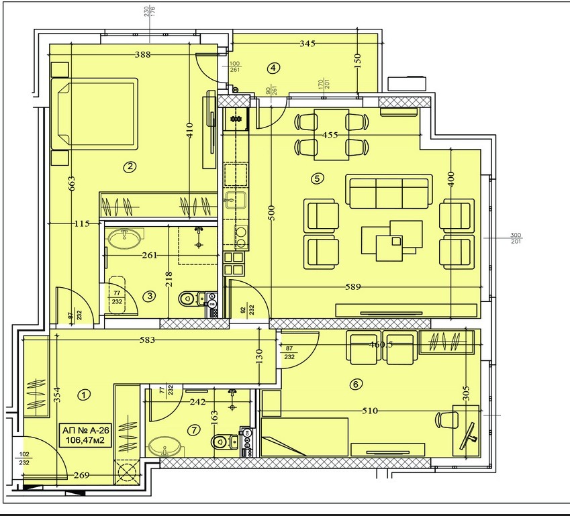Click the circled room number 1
84,395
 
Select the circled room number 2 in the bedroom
130,167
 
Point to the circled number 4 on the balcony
273,67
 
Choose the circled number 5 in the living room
318,178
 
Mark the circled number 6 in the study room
356,384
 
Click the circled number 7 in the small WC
195,431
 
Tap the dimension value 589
353,287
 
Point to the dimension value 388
141,54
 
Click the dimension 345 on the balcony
307,44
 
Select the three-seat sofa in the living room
389,192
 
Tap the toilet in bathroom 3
190,298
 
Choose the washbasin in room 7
163,446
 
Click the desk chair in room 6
446,420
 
